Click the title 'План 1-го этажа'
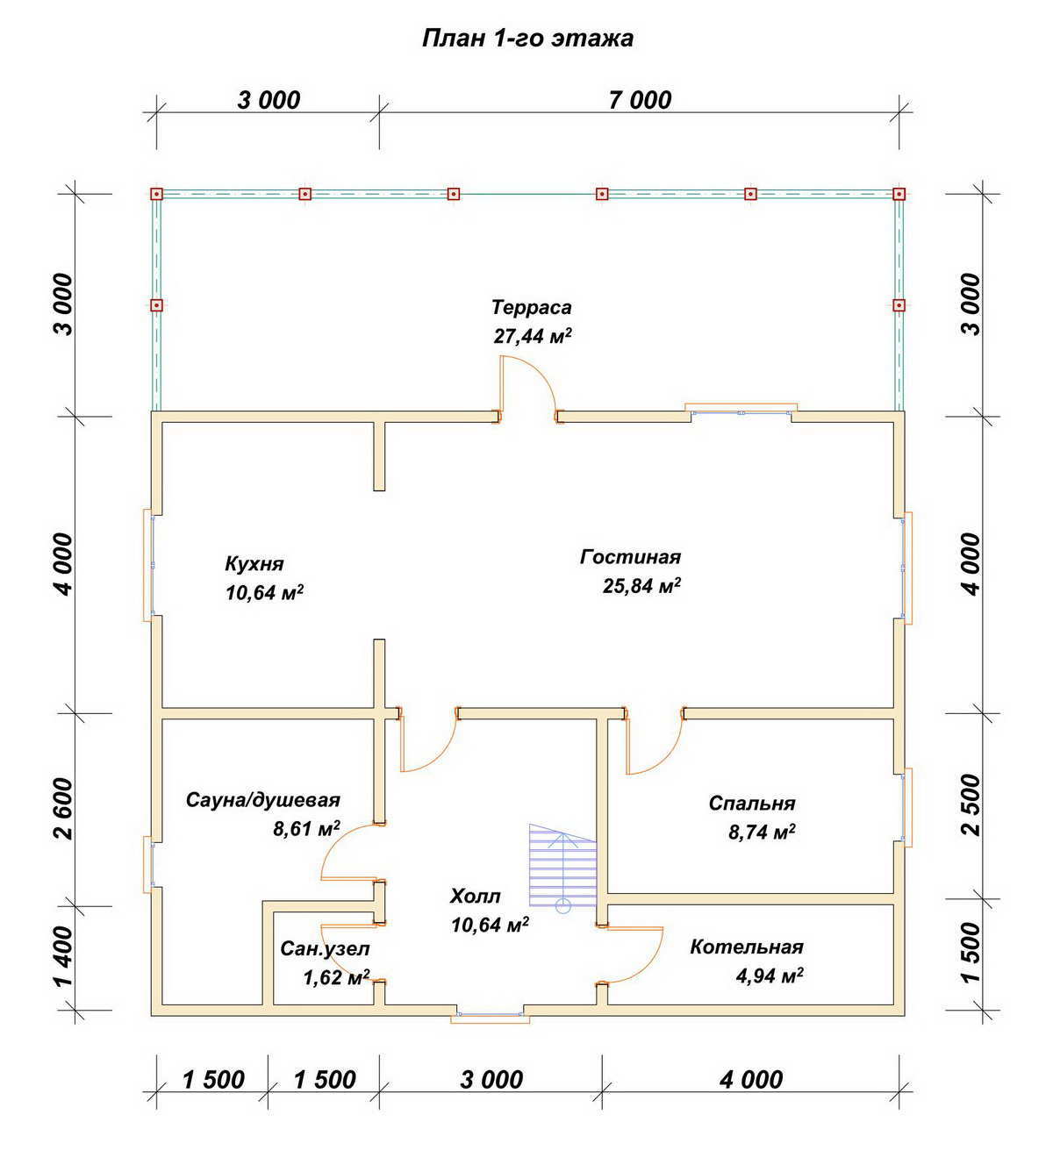pyautogui.click(x=527, y=39)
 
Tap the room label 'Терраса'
pyautogui.click(x=531, y=307)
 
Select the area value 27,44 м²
pyautogui.click(x=533, y=336)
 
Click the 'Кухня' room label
pyautogui.click(x=254, y=564)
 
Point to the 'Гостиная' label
pyautogui.click(x=631, y=557)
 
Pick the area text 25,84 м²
pyautogui.click(x=641, y=585)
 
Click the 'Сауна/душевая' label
pyautogui.click(x=262, y=800)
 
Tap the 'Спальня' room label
pyautogui.click(x=752, y=804)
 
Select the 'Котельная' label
pyautogui.click(x=747, y=947)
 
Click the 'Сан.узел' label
pyautogui.click(x=325, y=948)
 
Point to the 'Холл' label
pyautogui.click(x=475, y=896)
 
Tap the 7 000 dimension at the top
pyautogui.click(x=640, y=101)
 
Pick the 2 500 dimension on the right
pyautogui.click(x=971, y=804)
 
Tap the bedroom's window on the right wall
pyautogui.click(x=906, y=807)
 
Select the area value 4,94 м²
pyautogui.click(x=770, y=976)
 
